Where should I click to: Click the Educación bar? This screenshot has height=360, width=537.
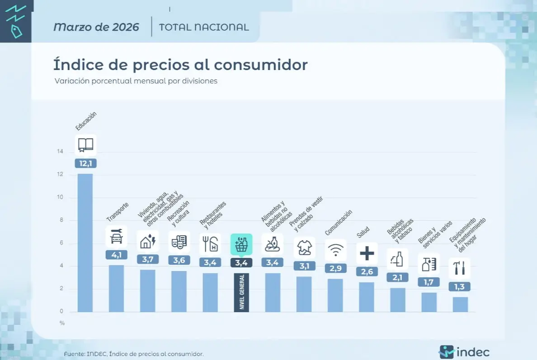85,243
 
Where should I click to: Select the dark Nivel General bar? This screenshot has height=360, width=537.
241,292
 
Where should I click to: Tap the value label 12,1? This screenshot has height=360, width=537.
85,164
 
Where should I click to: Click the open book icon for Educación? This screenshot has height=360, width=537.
85,145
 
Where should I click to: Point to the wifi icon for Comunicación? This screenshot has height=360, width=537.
335,250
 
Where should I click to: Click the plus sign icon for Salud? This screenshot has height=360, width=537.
367,253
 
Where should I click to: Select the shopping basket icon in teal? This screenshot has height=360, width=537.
241,245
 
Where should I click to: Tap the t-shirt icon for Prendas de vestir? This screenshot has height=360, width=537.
304,247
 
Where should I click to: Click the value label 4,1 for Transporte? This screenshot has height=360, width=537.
117,255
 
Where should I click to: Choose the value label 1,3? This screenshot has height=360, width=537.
460,286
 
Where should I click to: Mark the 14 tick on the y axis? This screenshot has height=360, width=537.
60,152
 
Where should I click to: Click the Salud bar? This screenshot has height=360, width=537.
367,297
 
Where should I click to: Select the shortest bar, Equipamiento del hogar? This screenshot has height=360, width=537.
460,304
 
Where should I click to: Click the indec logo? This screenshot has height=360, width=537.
464,352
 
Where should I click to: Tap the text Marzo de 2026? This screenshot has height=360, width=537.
96,27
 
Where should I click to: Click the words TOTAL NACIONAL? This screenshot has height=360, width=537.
204,27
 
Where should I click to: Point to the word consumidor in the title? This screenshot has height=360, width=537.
261,65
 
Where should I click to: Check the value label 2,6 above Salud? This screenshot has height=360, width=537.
367,271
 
